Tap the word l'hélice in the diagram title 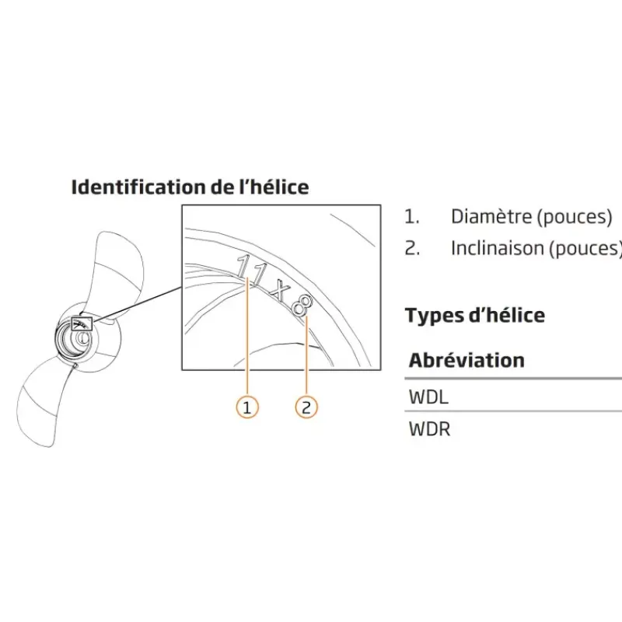(x=274, y=187)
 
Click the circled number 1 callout (x=247, y=407)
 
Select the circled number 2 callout (x=306, y=407)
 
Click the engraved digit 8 (x=302, y=306)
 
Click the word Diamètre (x=491, y=217)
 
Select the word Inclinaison (x=498, y=248)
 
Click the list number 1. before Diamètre (x=412, y=217)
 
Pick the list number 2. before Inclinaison (x=412, y=248)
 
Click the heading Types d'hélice (x=475, y=316)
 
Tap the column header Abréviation (x=466, y=360)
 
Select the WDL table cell (x=428, y=397)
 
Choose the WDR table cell (x=430, y=429)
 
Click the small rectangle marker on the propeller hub (x=82, y=323)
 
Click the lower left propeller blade (x=44, y=400)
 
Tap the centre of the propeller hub (x=82, y=338)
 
